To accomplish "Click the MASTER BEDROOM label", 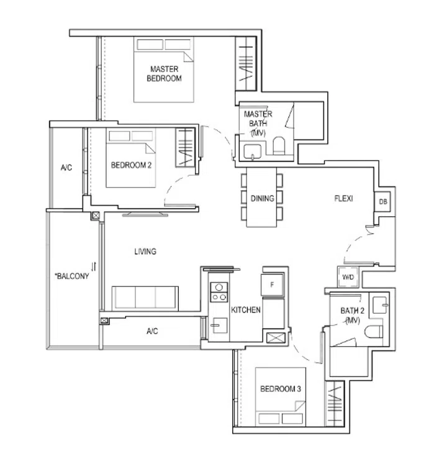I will [x=164, y=73].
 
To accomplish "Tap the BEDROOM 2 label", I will [x=131, y=165].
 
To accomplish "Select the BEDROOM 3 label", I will [x=281, y=389].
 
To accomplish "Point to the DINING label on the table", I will [x=263, y=199].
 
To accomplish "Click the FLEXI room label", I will [x=343, y=199].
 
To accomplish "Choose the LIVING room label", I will [x=145, y=252].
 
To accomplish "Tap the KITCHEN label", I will [x=246, y=309].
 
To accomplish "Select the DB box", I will [x=382, y=202].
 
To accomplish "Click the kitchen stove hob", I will [x=219, y=292].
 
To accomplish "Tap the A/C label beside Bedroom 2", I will [x=66, y=168].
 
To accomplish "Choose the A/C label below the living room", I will [x=152, y=331].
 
